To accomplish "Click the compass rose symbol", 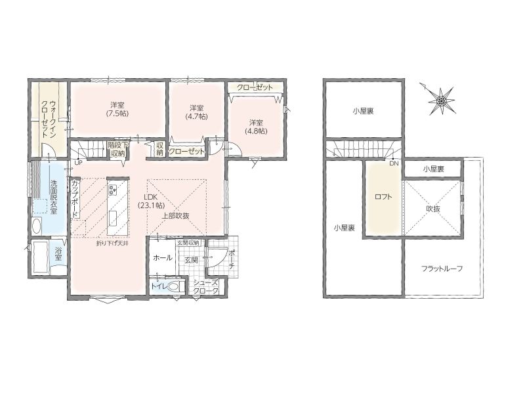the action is [442, 100].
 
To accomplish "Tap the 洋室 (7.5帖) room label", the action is [117, 109].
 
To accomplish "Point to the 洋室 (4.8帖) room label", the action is [256, 127].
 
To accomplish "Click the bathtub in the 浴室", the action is [40, 257].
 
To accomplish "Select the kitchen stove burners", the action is [112, 190].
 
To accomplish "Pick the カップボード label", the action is [75, 199].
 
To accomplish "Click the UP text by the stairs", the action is [78, 163].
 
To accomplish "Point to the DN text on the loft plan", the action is [394, 163].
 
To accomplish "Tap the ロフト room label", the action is [383, 197].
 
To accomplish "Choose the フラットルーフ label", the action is [442, 269].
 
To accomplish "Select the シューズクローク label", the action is [206, 287].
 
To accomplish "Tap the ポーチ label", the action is [232, 260].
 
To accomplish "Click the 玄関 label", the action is [191, 260].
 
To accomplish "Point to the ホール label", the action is [163, 257].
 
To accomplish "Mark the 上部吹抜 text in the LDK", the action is [176, 216].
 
